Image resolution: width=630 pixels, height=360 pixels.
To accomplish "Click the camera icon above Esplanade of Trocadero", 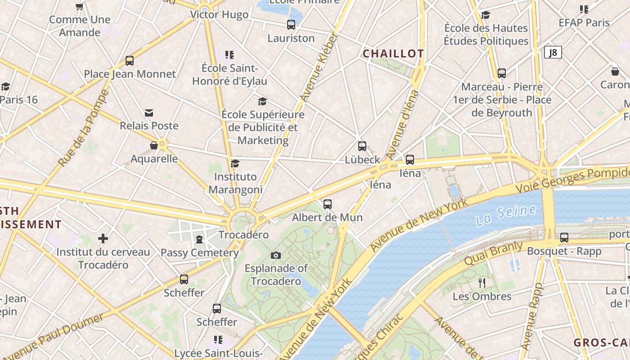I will (276, 256).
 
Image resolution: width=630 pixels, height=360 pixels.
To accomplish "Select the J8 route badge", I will (553, 53).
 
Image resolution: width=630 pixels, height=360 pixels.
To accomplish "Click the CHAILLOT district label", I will (393, 54).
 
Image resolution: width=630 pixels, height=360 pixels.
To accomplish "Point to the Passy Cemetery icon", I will (199, 239).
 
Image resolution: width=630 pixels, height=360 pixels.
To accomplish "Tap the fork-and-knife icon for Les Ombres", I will (482, 283).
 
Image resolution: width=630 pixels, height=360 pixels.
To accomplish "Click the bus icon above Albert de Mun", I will (328, 204).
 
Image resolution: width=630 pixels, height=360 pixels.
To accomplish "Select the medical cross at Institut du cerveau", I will (103, 238).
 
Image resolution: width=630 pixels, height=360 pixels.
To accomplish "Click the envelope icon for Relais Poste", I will (149, 112).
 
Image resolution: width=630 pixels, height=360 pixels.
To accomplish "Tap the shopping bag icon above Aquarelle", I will (154, 145).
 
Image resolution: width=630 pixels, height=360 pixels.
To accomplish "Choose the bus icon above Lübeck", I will (362, 146).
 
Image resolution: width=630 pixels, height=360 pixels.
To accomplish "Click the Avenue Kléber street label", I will (318, 67).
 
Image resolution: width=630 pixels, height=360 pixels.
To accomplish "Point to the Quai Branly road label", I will (493, 254).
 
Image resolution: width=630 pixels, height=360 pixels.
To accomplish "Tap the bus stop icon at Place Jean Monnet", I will (130, 60).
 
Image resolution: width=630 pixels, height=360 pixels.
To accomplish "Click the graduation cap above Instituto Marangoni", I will (235, 163).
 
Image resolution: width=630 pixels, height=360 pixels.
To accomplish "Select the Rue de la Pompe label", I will (84, 128).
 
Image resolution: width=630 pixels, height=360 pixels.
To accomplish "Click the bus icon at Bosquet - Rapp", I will (564, 238).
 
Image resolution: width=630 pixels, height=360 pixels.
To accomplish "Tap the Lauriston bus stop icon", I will (291, 25).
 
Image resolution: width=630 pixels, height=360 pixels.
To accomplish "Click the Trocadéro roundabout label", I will (243, 235).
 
